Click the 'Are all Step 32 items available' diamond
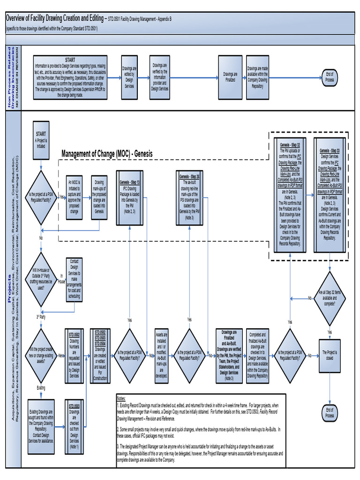tap(330, 298)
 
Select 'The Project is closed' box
tap(330, 356)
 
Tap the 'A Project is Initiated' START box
tap(41, 141)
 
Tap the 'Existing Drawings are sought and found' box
tap(41, 420)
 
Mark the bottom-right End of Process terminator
tap(330, 413)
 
